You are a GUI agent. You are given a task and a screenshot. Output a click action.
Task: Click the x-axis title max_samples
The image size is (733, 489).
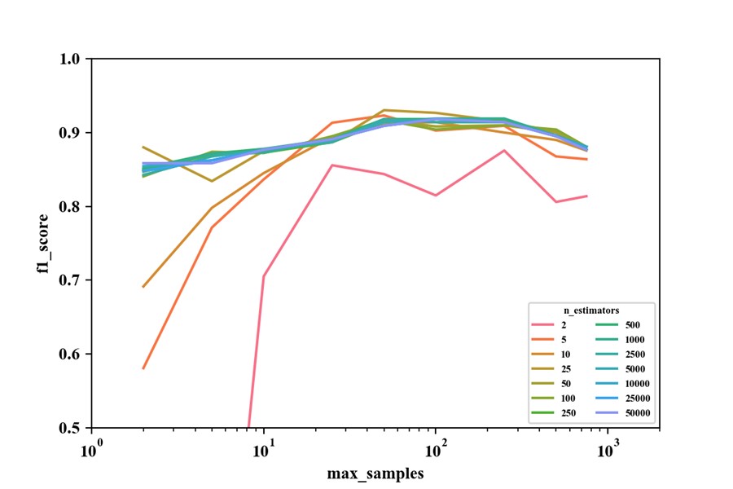click(375, 473)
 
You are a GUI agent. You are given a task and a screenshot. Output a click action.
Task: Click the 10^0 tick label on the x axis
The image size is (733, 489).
click(91, 445)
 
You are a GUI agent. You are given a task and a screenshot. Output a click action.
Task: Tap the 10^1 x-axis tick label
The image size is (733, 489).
click(263, 445)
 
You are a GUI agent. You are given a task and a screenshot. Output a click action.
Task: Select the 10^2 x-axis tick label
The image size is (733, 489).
click(436, 445)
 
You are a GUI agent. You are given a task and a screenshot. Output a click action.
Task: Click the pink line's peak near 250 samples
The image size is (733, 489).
click(505, 150)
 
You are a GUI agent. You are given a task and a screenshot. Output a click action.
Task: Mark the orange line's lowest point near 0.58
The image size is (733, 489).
click(143, 368)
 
